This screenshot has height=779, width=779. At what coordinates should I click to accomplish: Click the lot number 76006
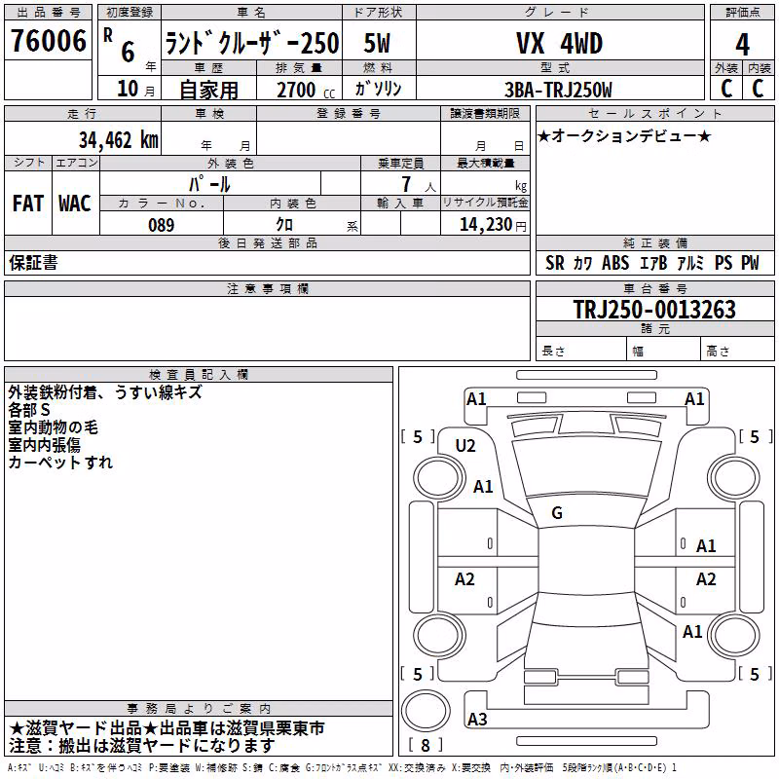click(x=49, y=41)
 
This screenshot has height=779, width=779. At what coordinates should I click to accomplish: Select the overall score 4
click(x=742, y=44)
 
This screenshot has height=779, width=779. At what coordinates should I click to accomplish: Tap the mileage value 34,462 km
click(x=119, y=140)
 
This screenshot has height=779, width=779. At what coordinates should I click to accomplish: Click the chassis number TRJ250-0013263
click(x=654, y=310)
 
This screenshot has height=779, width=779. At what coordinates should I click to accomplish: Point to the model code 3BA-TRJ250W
click(x=558, y=90)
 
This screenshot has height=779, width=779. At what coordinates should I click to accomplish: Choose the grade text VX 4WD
click(x=559, y=43)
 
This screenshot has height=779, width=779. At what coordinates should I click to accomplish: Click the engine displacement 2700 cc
click(x=306, y=90)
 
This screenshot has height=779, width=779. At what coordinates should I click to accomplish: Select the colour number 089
click(x=162, y=225)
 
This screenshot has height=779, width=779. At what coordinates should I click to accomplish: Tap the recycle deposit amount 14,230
click(x=486, y=225)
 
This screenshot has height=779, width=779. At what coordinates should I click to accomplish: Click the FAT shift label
click(x=28, y=204)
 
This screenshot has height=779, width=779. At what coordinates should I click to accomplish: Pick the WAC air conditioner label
click(x=75, y=204)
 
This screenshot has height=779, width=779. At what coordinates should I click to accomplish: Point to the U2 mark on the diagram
click(x=465, y=446)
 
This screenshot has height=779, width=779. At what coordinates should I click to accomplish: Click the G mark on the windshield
click(x=557, y=512)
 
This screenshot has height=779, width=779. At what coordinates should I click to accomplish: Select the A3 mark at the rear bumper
click(x=477, y=719)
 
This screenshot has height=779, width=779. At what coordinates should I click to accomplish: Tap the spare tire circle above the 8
click(x=426, y=711)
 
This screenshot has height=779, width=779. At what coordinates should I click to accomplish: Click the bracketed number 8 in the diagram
click(x=426, y=745)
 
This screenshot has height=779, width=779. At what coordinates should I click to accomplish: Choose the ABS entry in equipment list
click(x=615, y=263)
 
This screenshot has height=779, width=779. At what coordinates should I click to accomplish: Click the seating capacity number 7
click(x=406, y=184)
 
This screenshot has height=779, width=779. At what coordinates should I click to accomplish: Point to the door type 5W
click(x=377, y=43)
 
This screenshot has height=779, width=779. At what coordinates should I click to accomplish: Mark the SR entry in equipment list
click(x=555, y=263)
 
